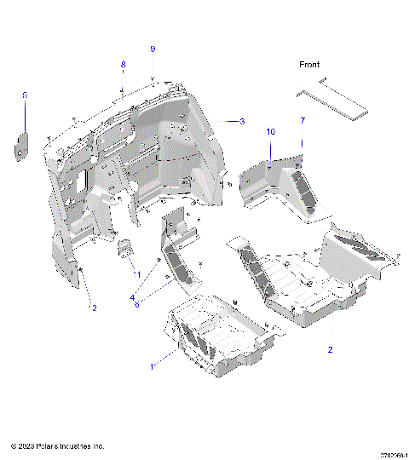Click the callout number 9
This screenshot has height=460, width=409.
(x=153, y=49)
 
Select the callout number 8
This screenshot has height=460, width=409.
(x=123, y=65)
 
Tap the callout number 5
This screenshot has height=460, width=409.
(x=25, y=95)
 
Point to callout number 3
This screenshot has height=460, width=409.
(x=242, y=122)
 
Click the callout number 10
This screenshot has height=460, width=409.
(x=271, y=132)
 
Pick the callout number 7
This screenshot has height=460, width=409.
(x=302, y=122)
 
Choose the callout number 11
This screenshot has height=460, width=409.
(x=135, y=274)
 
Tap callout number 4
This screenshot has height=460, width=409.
(x=132, y=297)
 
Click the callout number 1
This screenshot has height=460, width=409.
(x=153, y=365)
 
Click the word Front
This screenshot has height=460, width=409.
(x=309, y=65)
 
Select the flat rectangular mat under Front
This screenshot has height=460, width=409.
(x=331, y=98)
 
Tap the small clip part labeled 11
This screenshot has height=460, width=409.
(x=124, y=248)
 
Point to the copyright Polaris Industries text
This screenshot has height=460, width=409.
(x=57, y=446)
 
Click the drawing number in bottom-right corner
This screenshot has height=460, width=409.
(x=394, y=455)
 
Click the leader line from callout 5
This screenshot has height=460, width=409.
(x=25, y=115)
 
